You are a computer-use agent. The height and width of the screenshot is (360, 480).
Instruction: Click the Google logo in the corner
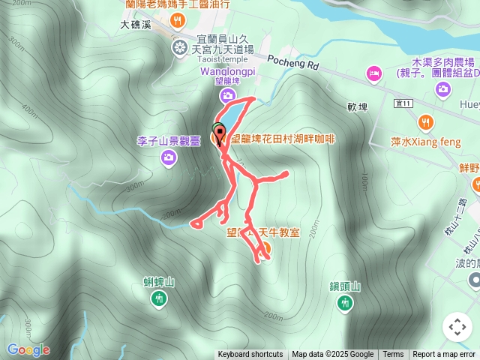click(28, 350)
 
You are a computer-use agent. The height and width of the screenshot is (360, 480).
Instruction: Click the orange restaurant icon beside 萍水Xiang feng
click(425, 121)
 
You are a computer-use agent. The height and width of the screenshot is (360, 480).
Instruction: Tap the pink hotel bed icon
click(373, 73)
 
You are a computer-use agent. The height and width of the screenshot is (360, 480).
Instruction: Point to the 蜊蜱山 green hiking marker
click(159, 299)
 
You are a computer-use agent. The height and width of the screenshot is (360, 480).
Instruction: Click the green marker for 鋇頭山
click(345, 302)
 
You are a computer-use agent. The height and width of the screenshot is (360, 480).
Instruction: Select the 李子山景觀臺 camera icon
click(169, 157)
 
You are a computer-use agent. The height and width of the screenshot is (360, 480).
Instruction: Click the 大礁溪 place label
click(136, 25)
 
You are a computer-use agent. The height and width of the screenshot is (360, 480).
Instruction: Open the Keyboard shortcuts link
click(250, 355)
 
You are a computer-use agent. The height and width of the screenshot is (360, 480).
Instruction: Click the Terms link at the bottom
click(393, 355)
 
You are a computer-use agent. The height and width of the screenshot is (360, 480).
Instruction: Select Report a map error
click(444, 355)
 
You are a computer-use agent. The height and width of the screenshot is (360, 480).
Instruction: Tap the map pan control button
click(457, 327)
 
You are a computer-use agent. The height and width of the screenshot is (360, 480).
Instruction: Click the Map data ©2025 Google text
click(333, 355)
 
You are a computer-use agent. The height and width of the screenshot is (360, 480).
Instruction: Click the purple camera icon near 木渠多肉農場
click(444, 89)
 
